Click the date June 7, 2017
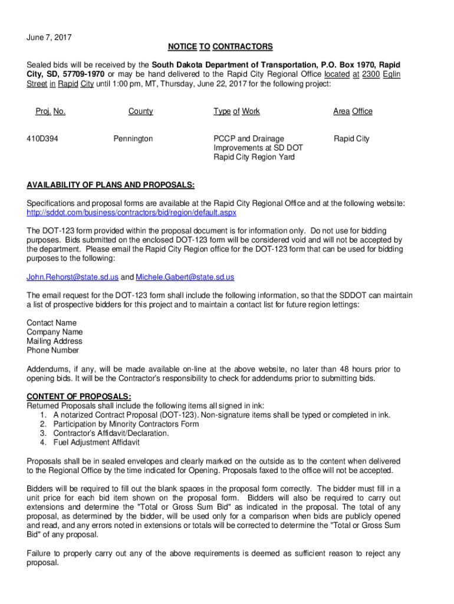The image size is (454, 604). point(49,37)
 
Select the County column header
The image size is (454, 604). point(140,111)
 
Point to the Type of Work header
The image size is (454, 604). point(236,111)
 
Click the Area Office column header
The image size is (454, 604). point(353,111)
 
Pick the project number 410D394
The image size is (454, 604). point(42,139)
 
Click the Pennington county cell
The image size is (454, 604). point(133,139)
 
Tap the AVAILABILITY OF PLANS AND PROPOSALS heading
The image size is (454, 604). point(111,185)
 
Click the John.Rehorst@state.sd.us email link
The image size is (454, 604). point(73,277)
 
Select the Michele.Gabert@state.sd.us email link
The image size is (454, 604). point(185,277)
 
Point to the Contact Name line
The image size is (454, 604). point(51,323)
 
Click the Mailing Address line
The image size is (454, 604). point(54,341)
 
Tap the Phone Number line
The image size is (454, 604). point(52,350)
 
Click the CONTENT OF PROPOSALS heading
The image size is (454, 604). point(79,396)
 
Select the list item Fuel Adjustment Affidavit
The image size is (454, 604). point(96,442)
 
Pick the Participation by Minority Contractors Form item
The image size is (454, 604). point(126,424)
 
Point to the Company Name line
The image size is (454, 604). point(54,332)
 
